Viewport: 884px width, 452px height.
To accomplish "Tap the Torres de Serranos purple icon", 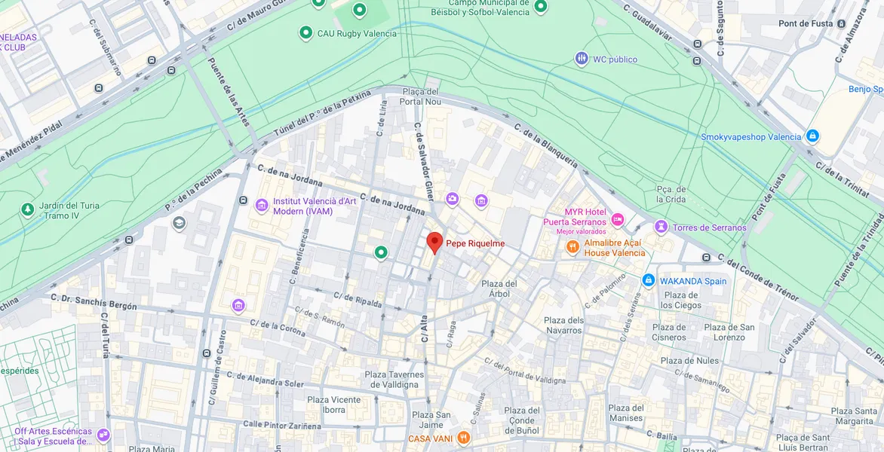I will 661,227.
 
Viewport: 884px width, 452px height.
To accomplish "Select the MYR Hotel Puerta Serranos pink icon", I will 618,220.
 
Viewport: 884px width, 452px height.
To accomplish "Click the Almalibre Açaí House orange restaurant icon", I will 572,246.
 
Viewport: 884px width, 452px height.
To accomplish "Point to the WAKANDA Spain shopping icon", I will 648,280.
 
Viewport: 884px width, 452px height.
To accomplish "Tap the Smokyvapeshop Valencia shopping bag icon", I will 812,136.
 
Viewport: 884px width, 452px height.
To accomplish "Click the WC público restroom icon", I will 582,59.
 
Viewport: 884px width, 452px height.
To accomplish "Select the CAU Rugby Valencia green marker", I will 305,32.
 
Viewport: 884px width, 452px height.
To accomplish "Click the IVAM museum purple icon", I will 262,206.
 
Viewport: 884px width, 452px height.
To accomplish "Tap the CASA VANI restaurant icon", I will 464,438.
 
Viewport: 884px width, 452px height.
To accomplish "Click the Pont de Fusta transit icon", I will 842,23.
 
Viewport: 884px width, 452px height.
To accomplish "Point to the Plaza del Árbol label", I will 499,289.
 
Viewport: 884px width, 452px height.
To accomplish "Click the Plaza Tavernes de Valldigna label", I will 394,380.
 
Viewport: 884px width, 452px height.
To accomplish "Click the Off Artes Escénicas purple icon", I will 103,435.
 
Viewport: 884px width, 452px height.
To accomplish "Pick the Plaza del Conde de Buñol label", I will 522,420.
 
